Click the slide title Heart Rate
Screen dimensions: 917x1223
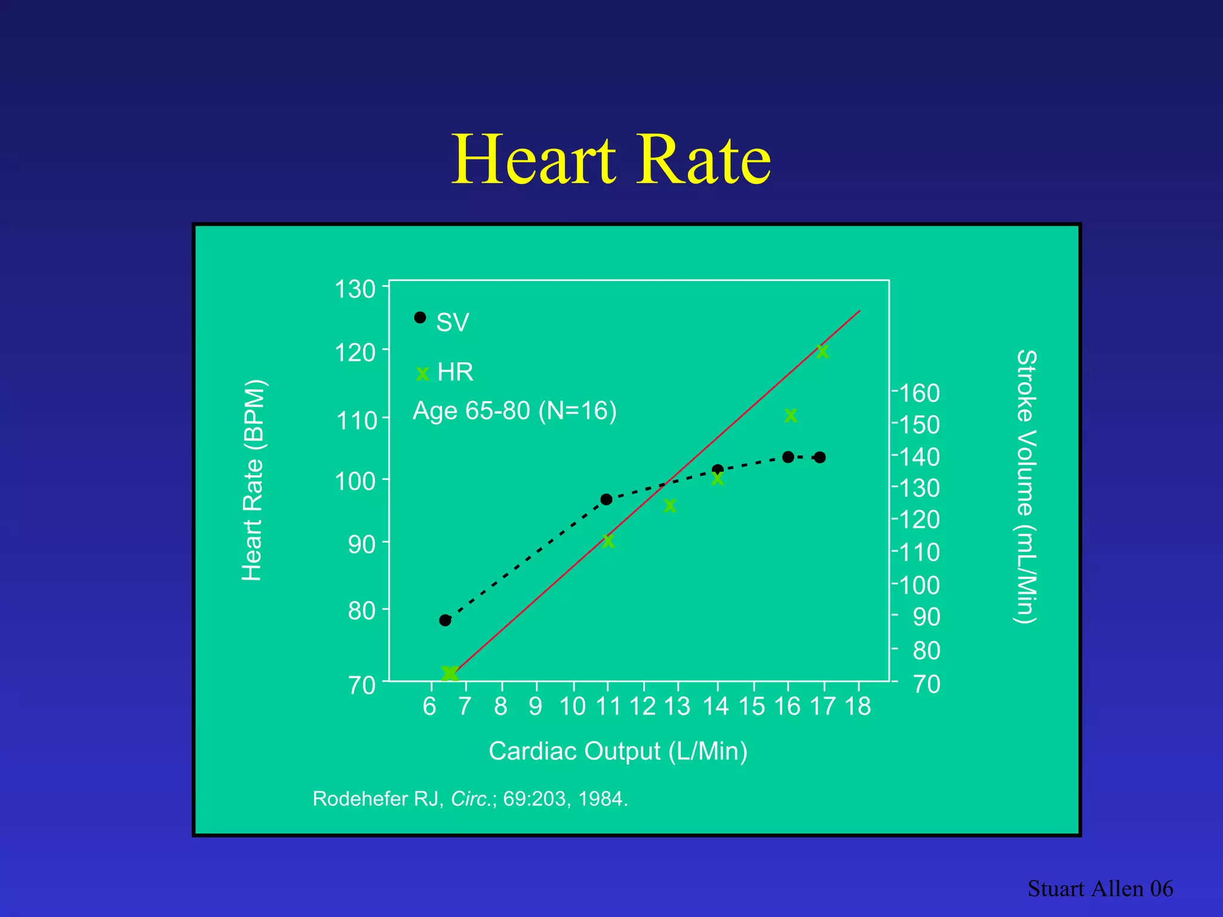611,160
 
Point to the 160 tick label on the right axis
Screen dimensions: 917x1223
919,393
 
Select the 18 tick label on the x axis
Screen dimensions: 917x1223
858,707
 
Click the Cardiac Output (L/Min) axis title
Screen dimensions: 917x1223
617,751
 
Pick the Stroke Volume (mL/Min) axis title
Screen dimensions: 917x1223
1027,487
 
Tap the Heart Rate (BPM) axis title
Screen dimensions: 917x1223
253,481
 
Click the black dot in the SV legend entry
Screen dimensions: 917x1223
420,318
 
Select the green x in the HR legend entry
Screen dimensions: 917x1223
422,374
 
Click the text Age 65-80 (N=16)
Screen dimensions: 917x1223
514,411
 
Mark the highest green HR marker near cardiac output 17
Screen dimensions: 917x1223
822,352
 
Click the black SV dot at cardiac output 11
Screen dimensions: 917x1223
606,499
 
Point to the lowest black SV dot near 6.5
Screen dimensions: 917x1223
445,620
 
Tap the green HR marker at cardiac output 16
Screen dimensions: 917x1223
791,416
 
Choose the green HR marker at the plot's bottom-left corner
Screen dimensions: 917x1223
449,673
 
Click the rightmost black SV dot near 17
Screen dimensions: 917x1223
820,457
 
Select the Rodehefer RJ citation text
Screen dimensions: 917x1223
470,799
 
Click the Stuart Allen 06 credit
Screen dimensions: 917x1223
1100,889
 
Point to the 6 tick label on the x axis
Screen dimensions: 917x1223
429,707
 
